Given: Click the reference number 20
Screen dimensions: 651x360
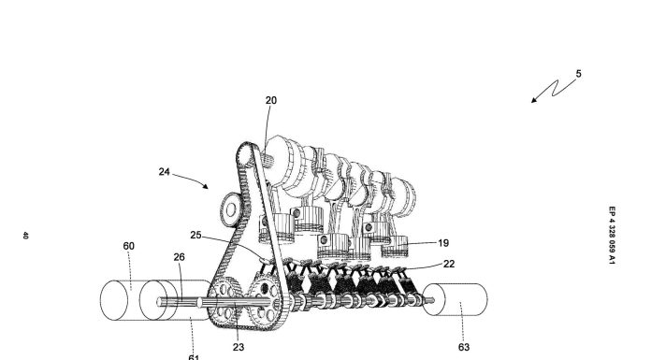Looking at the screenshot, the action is tap(270, 100).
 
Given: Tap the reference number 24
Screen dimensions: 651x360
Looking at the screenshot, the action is tap(165, 171).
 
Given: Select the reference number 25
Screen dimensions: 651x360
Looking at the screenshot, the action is tap(195, 235).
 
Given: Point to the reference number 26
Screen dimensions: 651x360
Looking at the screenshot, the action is tap(179, 257).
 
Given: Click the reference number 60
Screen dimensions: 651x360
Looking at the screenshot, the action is tap(129, 246).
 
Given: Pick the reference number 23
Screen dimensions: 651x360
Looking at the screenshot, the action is tap(239, 347).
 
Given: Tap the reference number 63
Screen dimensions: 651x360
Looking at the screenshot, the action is tap(464, 347).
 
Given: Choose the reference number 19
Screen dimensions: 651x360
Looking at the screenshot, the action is tap(443, 243).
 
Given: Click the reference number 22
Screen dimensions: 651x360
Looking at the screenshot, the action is tap(449, 264).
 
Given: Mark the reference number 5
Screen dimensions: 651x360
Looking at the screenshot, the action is tap(578, 74).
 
